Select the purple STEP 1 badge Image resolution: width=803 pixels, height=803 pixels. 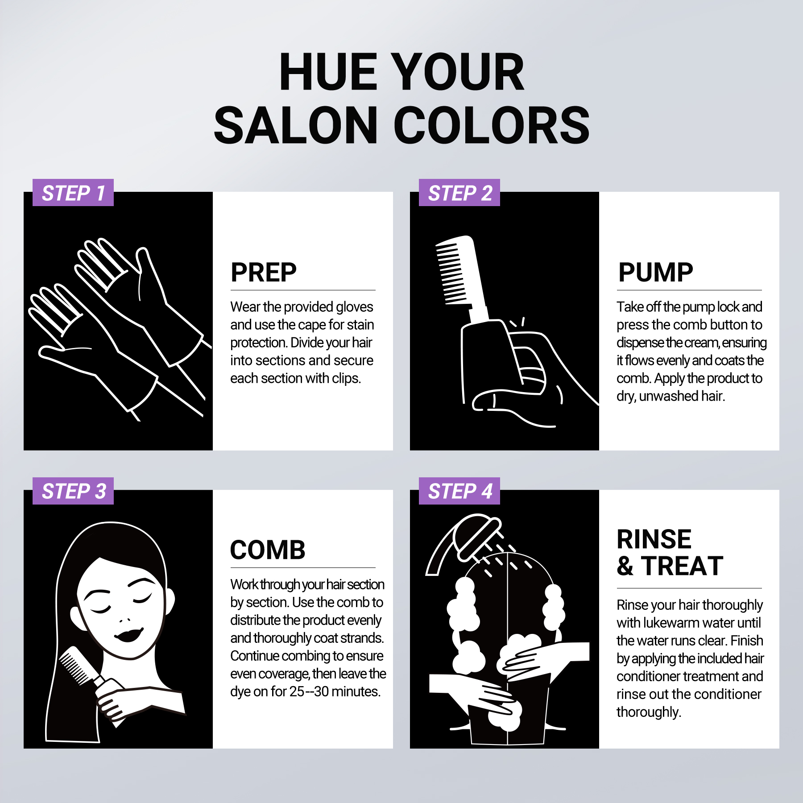coord(73,193)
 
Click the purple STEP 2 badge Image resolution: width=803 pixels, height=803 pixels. coord(459,193)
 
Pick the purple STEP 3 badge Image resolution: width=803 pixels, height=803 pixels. coord(73,491)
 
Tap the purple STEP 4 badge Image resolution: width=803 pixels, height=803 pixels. coord(459,491)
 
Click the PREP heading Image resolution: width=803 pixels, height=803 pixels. coord(263,272)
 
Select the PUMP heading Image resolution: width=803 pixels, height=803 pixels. coord(655,272)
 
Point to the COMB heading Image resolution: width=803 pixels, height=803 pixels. coord(268,550)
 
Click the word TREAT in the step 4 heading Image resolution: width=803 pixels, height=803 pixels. coord(682,566)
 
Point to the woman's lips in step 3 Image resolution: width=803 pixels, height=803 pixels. coord(129,634)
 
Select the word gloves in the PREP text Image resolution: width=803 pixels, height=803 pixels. coord(354,307)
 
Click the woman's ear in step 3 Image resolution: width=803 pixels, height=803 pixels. coord(170,600)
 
